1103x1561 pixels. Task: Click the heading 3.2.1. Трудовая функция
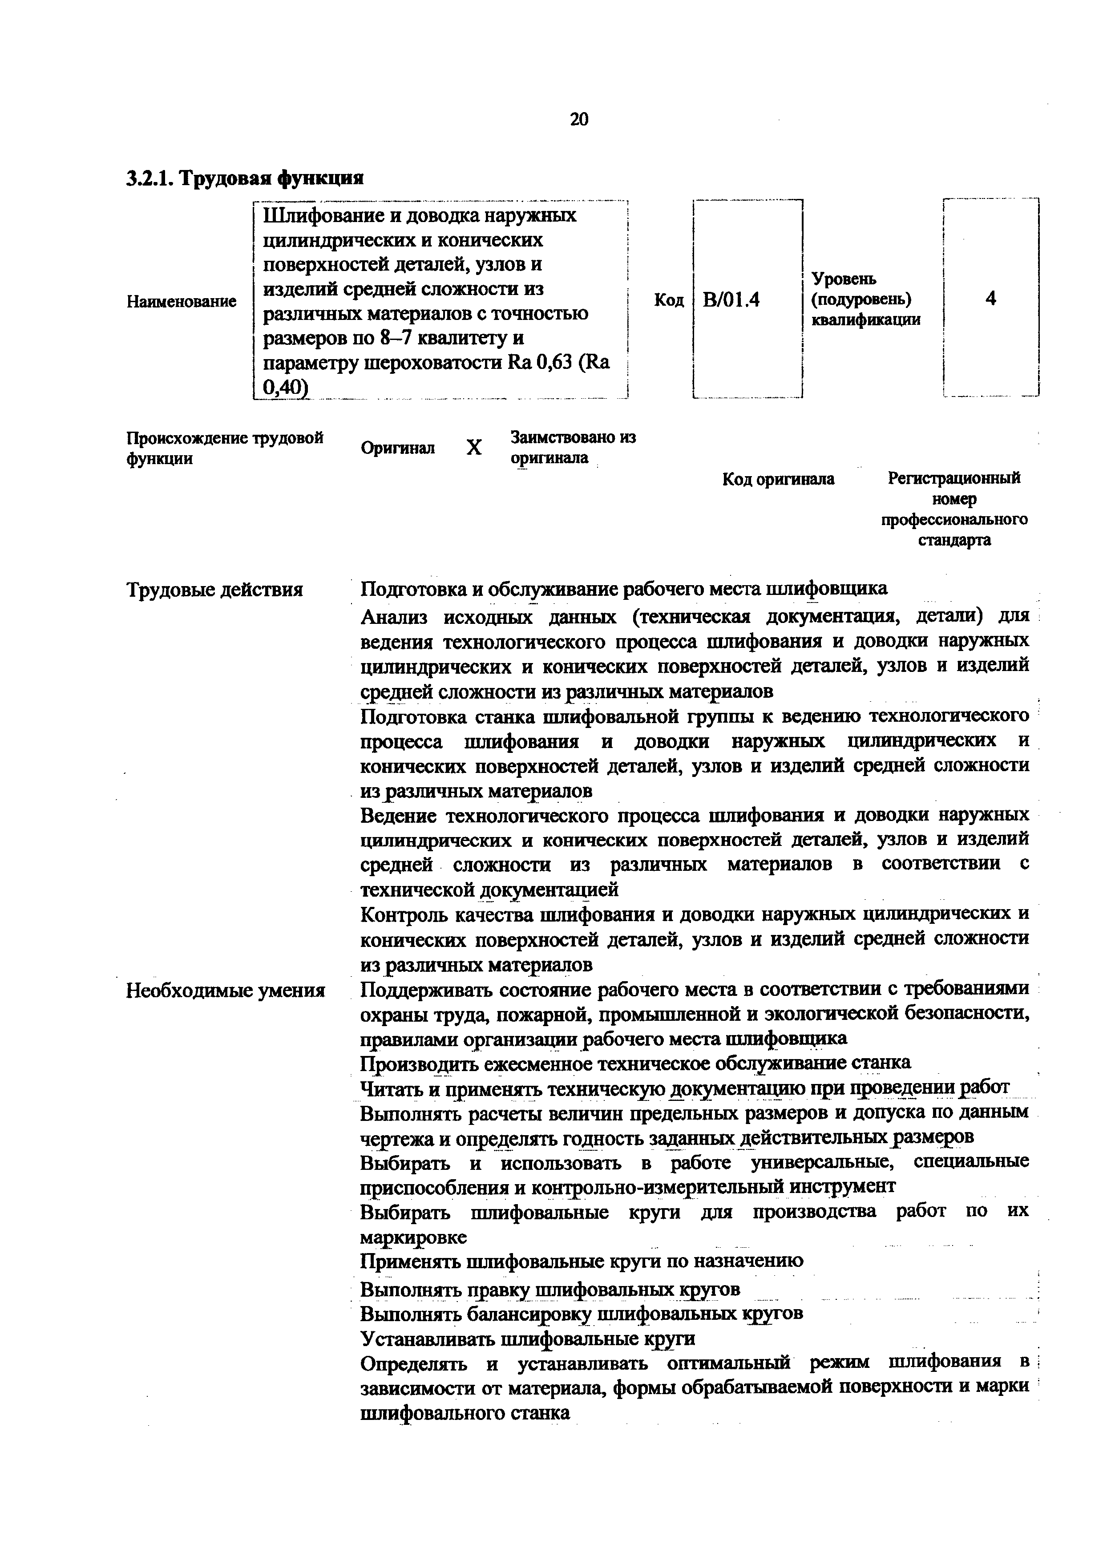[245, 178]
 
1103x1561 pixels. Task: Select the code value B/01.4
[731, 299]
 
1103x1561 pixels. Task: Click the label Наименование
[182, 301]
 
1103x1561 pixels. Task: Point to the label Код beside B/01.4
[669, 300]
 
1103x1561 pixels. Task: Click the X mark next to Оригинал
[474, 447]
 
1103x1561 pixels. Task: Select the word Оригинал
[398, 448]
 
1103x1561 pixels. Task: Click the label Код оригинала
[778, 479]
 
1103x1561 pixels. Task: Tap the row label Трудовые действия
[215, 590]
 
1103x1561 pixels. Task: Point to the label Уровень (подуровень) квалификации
[865, 299]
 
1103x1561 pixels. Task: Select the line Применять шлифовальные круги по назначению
[581, 1261]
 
